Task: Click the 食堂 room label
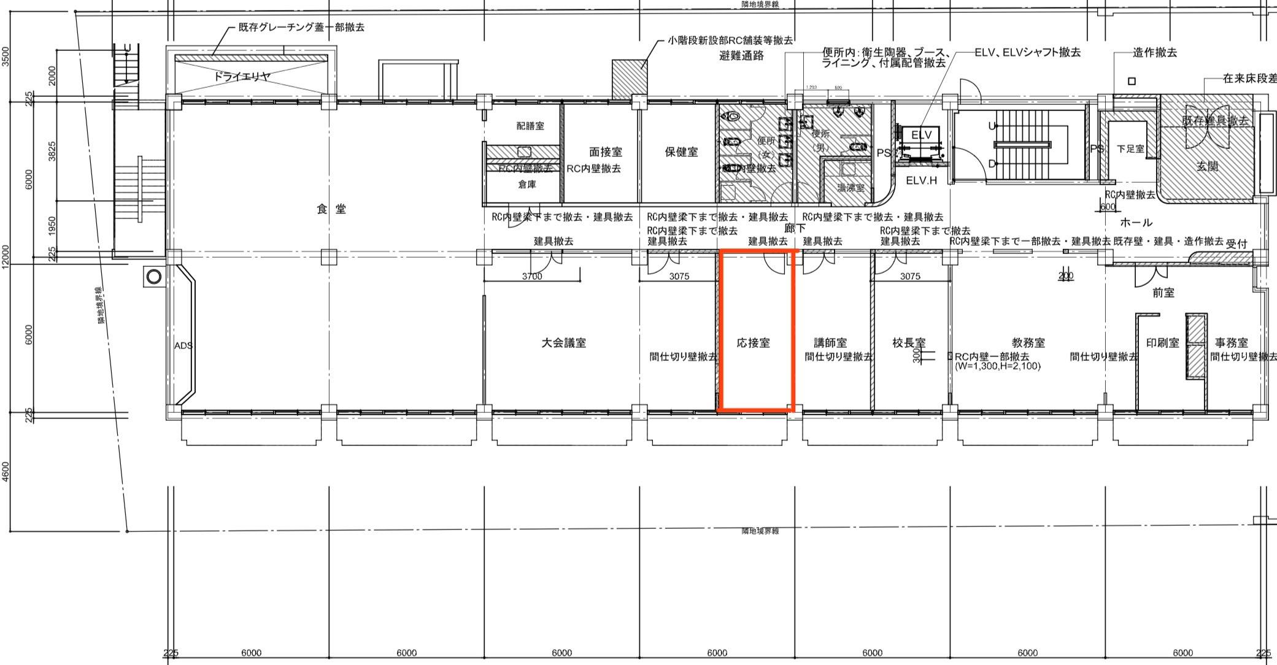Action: click(x=331, y=209)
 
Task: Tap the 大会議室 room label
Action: click(x=563, y=343)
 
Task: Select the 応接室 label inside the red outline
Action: click(x=753, y=343)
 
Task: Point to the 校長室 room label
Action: click(x=909, y=343)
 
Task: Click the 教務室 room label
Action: click(x=1028, y=343)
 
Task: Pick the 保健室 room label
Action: click(x=681, y=152)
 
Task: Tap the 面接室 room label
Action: click(x=605, y=152)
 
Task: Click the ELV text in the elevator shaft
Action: click(x=921, y=135)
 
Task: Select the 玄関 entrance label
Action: click(x=1207, y=166)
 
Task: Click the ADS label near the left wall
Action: click(x=183, y=345)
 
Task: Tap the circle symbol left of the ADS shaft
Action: click(x=154, y=277)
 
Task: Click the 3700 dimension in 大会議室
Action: click(x=532, y=277)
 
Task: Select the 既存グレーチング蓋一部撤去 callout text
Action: click(x=301, y=28)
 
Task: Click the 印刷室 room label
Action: click(x=1162, y=343)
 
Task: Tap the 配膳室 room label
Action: click(x=530, y=126)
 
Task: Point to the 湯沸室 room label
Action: click(x=851, y=188)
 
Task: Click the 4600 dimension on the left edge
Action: click(x=6, y=472)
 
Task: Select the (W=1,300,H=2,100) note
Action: click(x=998, y=366)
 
